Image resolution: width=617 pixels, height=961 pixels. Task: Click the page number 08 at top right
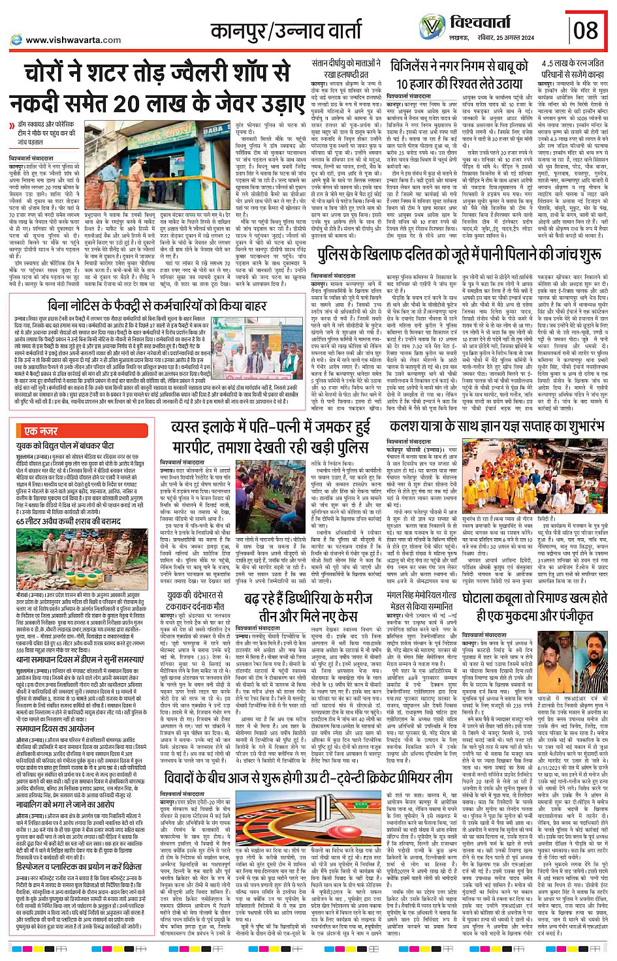[x=585, y=29]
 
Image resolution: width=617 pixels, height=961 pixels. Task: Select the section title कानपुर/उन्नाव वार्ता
[x=285, y=29]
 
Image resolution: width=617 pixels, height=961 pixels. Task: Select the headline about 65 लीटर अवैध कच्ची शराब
[x=78, y=521]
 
